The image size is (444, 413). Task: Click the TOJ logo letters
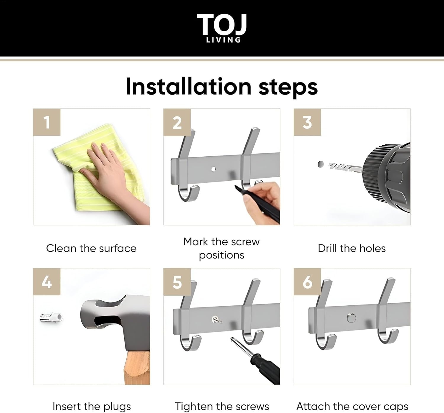(x=222, y=24)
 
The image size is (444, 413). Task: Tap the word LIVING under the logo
(x=223, y=40)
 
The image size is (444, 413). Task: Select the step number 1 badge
(x=47, y=122)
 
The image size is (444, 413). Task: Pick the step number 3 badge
(x=307, y=122)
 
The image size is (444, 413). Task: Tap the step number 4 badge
(x=47, y=282)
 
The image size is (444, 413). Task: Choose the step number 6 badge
(x=307, y=282)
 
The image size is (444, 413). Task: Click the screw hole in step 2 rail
(x=213, y=169)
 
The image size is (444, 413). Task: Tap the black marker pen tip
(x=236, y=187)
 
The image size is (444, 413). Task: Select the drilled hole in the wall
(x=321, y=164)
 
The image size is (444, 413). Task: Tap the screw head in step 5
(x=215, y=319)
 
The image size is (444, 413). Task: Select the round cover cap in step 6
(x=351, y=318)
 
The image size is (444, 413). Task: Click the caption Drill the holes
(x=352, y=248)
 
